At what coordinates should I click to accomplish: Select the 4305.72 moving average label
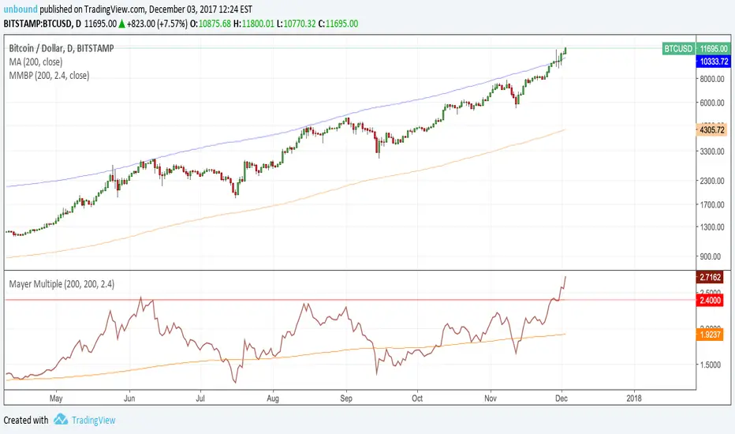(x=714, y=129)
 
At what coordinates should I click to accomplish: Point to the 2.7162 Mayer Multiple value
(x=714, y=278)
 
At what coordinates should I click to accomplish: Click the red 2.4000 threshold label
(x=714, y=300)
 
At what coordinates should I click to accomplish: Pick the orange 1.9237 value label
(x=714, y=335)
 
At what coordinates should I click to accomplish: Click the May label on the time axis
(x=56, y=398)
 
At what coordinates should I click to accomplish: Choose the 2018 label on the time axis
(x=634, y=398)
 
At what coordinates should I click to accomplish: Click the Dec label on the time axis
(x=562, y=398)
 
